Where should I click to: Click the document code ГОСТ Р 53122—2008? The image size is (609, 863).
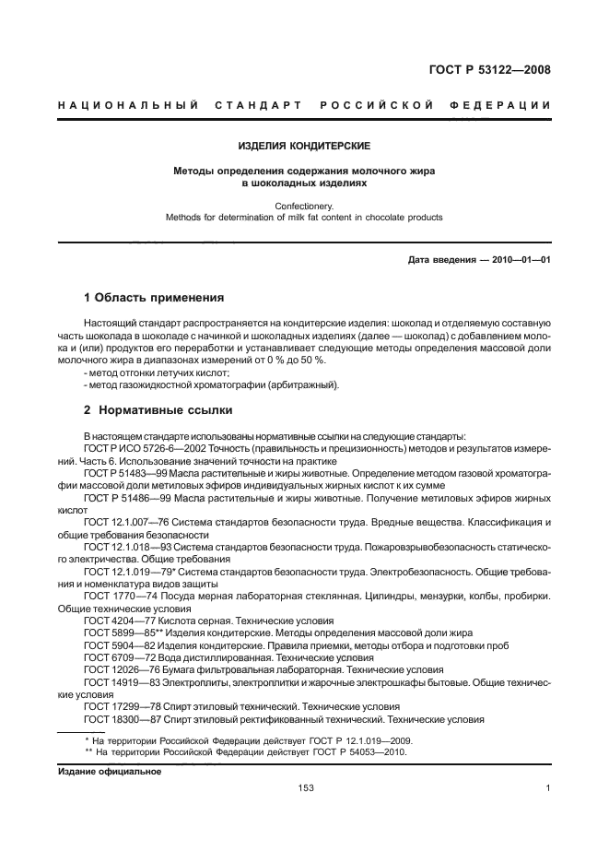click(x=496, y=68)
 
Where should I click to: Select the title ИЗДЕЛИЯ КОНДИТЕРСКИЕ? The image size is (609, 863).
click(x=304, y=146)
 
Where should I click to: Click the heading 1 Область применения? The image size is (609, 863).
click(x=154, y=298)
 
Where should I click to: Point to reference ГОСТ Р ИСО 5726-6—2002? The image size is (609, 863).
click(x=135, y=448)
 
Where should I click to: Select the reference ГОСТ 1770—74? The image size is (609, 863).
click(x=115, y=597)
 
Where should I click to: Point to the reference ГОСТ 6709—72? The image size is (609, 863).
click(x=115, y=657)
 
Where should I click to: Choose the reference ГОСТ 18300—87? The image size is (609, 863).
click(x=119, y=718)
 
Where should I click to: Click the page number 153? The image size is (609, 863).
click(x=305, y=788)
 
